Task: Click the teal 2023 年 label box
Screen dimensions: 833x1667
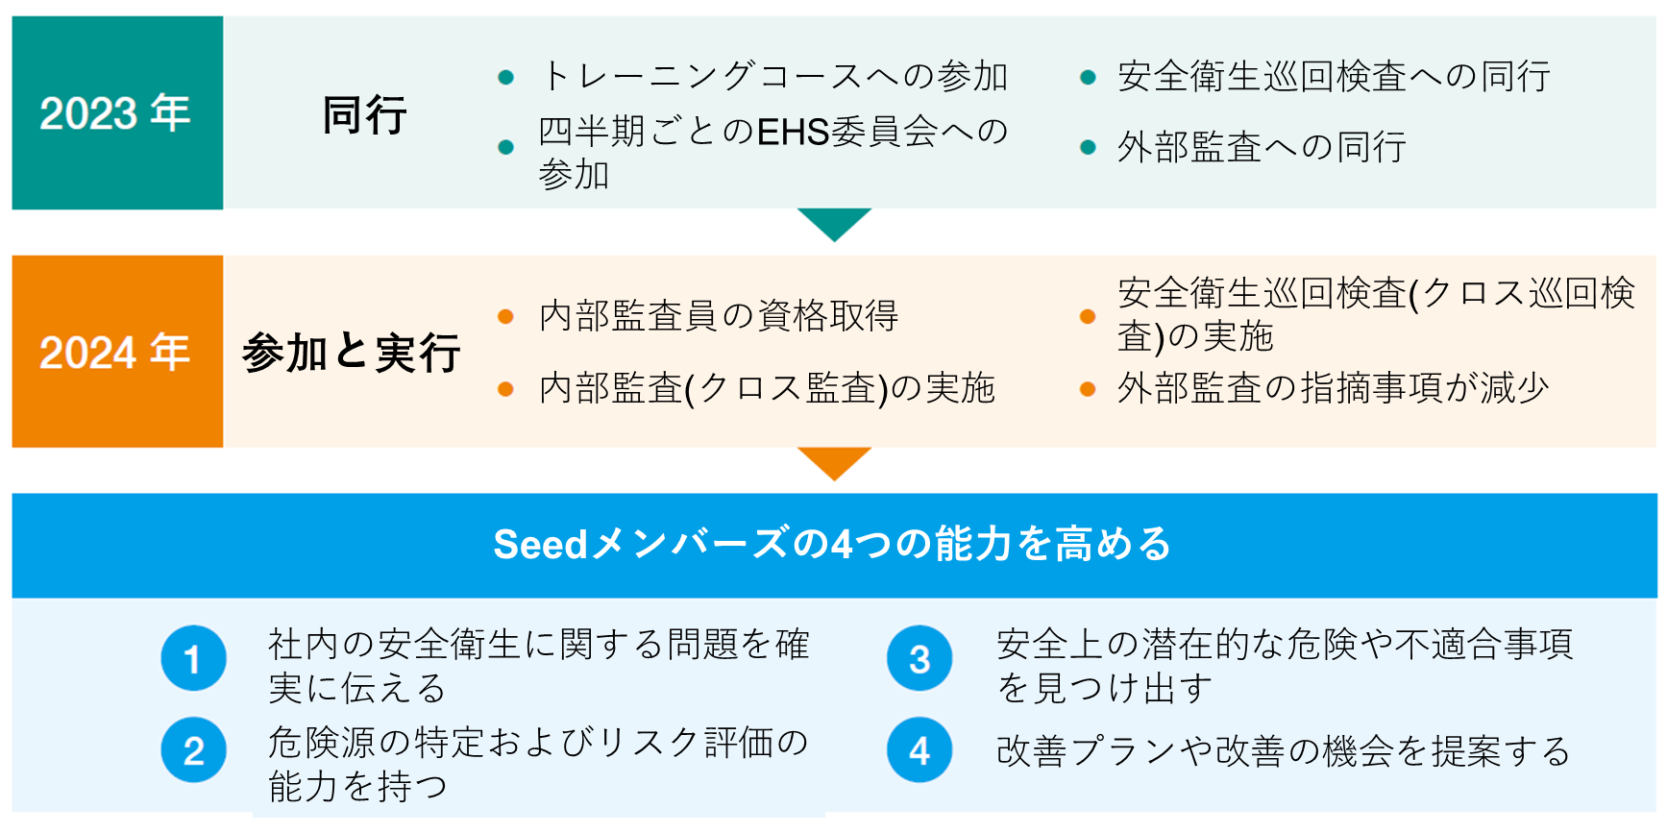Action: click(x=117, y=112)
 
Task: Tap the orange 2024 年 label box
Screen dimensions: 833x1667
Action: click(x=117, y=352)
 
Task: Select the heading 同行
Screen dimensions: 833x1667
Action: click(x=364, y=115)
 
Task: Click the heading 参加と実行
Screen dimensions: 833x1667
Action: click(x=352, y=353)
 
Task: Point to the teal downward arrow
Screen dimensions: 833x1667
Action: click(x=834, y=223)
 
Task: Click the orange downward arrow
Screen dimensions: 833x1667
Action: click(x=834, y=462)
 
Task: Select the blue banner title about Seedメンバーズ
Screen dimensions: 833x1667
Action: click(x=832, y=544)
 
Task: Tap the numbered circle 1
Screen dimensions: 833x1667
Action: click(x=193, y=659)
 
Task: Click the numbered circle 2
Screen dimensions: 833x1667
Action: click(x=193, y=750)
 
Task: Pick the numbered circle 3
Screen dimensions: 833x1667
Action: click(x=919, y=659)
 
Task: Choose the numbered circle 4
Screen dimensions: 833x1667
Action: click(x=919, y=750)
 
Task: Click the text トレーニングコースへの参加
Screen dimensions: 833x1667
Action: click(x=773, y=76)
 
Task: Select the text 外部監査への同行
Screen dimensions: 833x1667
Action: click(x=1262, y=147)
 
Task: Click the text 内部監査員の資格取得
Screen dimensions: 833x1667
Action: click(x=719, y=315)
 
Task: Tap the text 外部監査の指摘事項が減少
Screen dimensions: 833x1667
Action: click(x=1333, y=388)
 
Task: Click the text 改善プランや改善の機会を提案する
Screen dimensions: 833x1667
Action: click(x=1283, y=751)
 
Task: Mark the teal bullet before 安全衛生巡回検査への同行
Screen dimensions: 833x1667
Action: click(x=1088, y=77)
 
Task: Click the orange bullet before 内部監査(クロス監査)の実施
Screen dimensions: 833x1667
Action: click(x=505, y=389)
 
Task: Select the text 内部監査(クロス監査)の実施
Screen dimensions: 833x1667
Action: click(x=767, y=388)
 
